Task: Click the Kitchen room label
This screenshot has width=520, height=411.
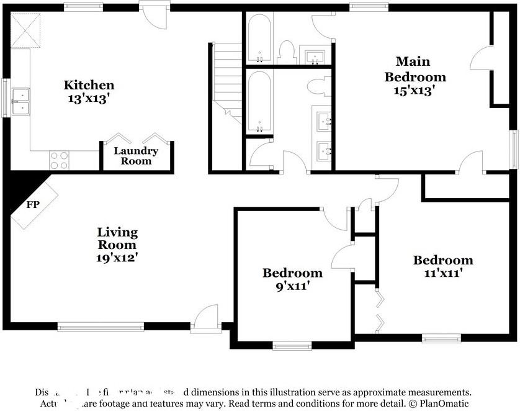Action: click(x=89, y=85)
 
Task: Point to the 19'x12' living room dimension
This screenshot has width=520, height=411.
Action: click(x=117, y=256)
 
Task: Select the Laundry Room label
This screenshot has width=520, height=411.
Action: click(x=136, y=156)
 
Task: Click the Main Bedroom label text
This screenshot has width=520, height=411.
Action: click(x=415, y=70)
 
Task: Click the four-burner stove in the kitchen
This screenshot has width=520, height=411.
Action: click(x=58, y=160)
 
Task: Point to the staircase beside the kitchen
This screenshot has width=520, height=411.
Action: click(x=227, y=81)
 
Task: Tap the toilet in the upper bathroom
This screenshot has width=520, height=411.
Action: click(x=286, y=52)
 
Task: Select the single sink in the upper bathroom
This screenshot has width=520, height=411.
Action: click(x=316, y=55)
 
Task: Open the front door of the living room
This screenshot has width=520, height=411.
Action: click(x=205, y=319)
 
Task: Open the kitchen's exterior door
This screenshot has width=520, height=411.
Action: click(x=154, y=15)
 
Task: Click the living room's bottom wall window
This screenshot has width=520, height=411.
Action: click(x=101, y=326)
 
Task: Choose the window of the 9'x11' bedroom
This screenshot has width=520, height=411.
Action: click(x=292, y=345)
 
